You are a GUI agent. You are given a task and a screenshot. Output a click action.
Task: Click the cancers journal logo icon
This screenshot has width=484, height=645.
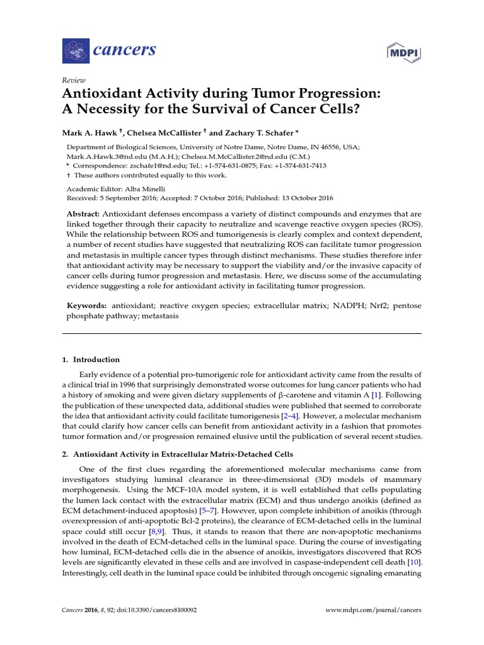pyautogui.click(x=76, y=49)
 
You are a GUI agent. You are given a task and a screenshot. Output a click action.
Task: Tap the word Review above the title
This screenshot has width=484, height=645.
pyautogui.click(x=73, y=81)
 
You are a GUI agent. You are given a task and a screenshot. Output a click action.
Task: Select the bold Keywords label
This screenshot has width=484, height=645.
pyautogui.click(x=87, y=305)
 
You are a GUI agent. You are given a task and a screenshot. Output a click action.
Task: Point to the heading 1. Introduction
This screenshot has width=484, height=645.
pyautogui.click(x=91, y=360)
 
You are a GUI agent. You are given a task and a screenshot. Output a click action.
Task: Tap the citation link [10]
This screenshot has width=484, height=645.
pyautogui.click(x=415, y=562)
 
